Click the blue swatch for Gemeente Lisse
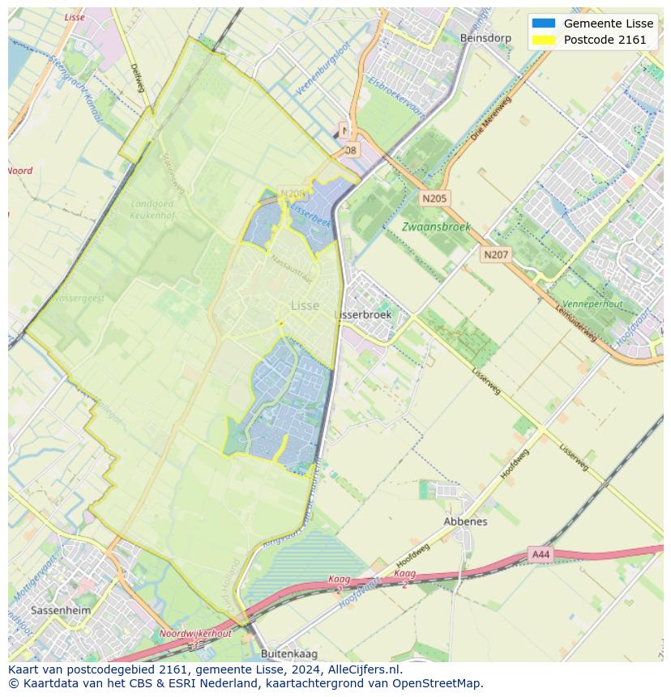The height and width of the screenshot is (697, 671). (x=543, y=23)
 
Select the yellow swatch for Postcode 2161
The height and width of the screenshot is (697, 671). (x=543, y=40)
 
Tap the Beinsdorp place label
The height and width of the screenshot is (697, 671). (x=485, y=38)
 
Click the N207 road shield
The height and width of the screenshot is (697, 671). (x=496, y=255)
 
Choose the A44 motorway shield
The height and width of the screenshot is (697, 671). (x=540, y=555)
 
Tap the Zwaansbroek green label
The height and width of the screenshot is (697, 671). (x=436, y=227)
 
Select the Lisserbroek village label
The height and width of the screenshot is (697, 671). (x=363, y=314)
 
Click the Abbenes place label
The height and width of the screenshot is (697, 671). (x=465, y=521)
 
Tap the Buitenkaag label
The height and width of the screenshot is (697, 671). (x=289, y=653)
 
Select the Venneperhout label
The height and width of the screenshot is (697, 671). (x=592, y=304)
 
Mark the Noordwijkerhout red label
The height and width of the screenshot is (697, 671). (x=195, y=634)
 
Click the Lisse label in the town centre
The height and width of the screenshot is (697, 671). (x=305, y=305)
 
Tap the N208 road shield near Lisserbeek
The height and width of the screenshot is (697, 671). (x=293, y=193)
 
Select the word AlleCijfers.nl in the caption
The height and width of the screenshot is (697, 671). (x=364, y=669)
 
